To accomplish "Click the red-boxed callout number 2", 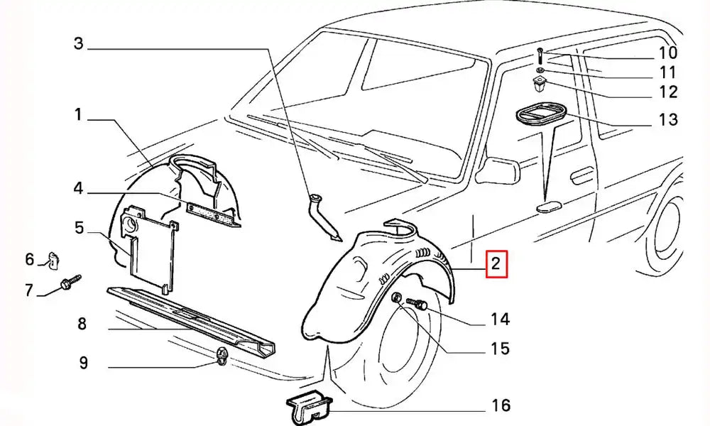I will [495, 266].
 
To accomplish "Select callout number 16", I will [501, 405].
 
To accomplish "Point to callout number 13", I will [667, 119].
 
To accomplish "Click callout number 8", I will [82, 324].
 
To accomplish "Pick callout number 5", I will [79, 229].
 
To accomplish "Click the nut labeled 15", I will [396, 299].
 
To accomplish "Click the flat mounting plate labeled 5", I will [151, 248].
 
